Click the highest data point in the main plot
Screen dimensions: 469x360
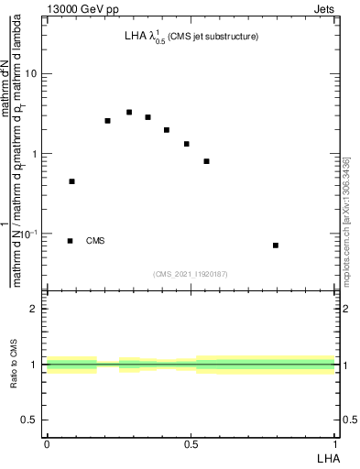click(129, 113)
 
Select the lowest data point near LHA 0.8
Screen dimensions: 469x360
click(276, 245)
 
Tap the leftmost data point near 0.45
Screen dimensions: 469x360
click(71, 181)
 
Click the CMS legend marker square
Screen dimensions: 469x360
click(71, 241)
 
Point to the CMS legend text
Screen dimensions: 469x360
click(95, 241)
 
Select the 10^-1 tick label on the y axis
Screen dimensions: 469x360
click(28, 234)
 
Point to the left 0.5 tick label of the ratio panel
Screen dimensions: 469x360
click(30, 420)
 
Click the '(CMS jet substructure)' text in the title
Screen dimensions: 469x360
click(213, 37)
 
